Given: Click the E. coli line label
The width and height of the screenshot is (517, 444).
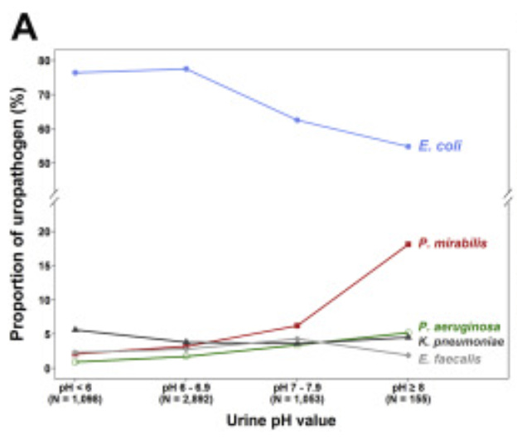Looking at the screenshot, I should pyautogui.click(x=440, y=146).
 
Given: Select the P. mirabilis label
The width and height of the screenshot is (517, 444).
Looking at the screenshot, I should pyautogui.click(x=452, y=244).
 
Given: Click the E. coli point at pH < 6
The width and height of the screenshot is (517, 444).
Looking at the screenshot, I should pyautogui.click(x=75, y=73).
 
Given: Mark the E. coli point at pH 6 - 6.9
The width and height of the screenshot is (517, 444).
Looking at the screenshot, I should pyautogui.click(x=186, y=69).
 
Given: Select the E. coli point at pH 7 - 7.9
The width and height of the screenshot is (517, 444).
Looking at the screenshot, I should pyautogui.click(x=297, y=120).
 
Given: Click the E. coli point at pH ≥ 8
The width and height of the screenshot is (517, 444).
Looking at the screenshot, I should pyautogui.click(x=408, y=147).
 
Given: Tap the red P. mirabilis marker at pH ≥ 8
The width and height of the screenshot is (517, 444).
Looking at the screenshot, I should pyautogui.click(x=408, y=244).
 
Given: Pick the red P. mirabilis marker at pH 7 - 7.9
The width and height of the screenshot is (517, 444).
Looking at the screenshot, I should pyautogui.click(x=297, y=326).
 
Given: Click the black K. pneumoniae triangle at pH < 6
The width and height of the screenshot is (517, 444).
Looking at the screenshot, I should pyautogui.click(x=75, y=329).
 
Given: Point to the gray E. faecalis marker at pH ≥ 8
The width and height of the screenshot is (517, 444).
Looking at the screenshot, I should pyautogui.click(x=408, y=355).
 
